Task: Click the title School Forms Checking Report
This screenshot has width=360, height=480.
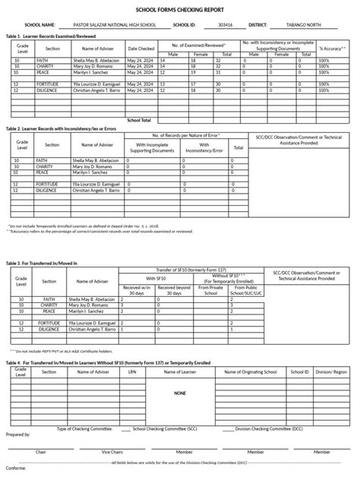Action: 179,9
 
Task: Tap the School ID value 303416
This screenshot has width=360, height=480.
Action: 225,24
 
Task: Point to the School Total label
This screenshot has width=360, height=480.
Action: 139,120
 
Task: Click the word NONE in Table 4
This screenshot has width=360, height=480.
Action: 179,393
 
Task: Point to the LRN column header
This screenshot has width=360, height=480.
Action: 131,373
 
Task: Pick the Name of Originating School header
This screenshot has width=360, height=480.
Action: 261,373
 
